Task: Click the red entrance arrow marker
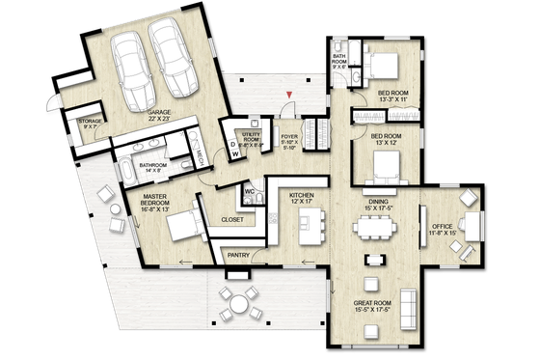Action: (286, 93)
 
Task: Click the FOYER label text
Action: (288, 138)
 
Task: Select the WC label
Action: (248, 191)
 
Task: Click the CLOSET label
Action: (231, 220)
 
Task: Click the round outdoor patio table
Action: (237, 308)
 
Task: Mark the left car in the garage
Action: (131, 64)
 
